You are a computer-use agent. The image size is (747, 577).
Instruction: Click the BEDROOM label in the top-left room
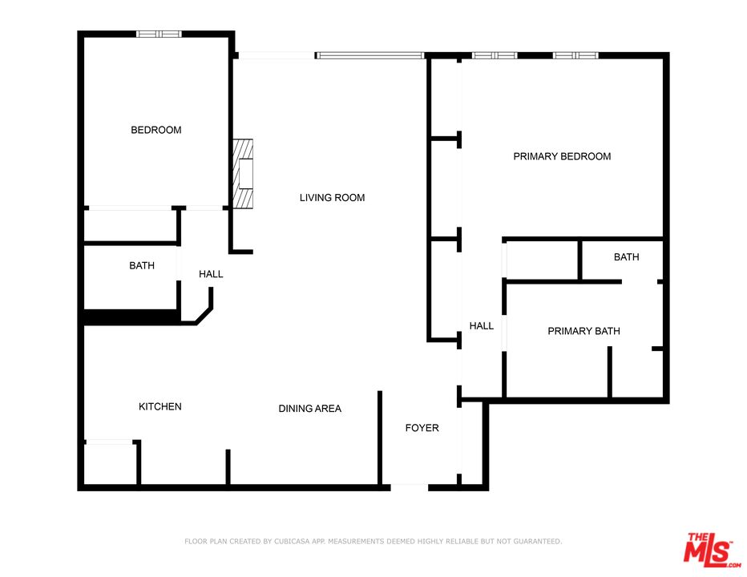(156, 130)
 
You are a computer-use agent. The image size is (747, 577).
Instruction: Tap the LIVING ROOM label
(332, 197)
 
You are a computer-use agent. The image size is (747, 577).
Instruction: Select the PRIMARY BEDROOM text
(562, 156)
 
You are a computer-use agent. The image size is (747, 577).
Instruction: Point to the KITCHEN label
(160, 406)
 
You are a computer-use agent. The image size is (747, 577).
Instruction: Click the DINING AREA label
(309, 409)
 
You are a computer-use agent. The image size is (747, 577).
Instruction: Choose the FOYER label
(422, 428)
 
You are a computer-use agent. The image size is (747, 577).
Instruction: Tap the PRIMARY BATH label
(583, 331)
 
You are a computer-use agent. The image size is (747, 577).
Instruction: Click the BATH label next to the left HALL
(142, 265)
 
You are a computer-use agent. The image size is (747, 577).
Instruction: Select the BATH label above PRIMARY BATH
(626, 257)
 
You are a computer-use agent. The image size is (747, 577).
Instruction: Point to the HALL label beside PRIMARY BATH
(481, 326)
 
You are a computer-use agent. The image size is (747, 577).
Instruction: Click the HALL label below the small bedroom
(211, 274)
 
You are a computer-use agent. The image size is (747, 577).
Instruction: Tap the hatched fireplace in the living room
(242, 173)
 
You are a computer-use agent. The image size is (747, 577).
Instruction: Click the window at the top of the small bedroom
(159, 34)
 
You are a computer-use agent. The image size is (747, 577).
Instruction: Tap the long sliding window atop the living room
(369, 55)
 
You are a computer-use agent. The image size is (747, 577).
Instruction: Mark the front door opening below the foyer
(409, 486)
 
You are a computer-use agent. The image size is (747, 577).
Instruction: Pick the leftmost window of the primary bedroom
(494, 55)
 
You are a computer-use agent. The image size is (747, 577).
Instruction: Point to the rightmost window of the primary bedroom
(575, 55)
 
